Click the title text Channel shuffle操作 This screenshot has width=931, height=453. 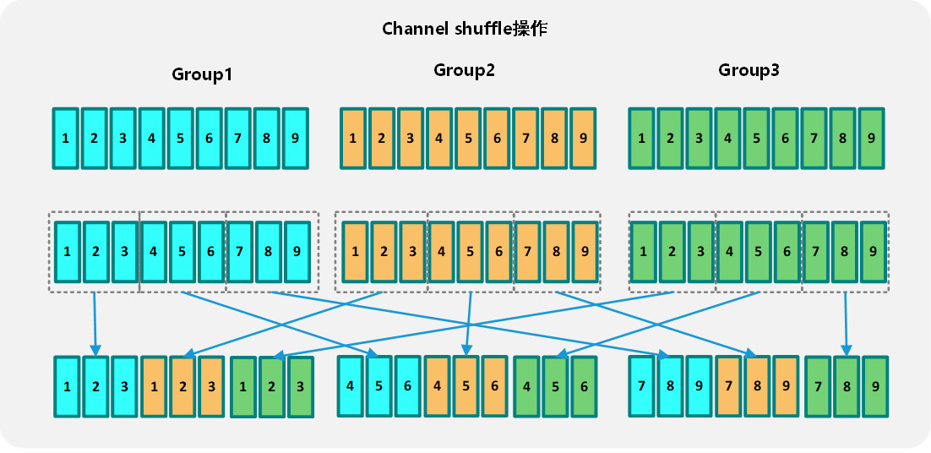click(465, 29)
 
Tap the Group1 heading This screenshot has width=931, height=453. click(202, 74)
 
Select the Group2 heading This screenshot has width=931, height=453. click(464, 70)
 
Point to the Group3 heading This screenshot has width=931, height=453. click(749, 70)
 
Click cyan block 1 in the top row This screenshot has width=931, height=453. click(65, 137)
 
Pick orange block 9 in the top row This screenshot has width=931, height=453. click(582, 137)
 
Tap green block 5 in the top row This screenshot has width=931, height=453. click(756, 137)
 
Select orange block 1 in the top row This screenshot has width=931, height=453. click(353, 137)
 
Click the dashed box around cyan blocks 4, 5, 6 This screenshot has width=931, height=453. click(182, 216)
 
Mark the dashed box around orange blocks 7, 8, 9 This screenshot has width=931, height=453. click(556, 216)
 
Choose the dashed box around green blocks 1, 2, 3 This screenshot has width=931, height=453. click(672, 216)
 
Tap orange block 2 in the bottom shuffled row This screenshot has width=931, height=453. click(182, 387)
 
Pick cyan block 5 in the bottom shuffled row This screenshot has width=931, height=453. click(379, 385)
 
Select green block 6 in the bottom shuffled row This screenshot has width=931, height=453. click(583, 385)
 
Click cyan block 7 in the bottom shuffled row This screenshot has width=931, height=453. click(642, 385)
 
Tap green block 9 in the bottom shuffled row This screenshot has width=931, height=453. click(875, 387)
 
